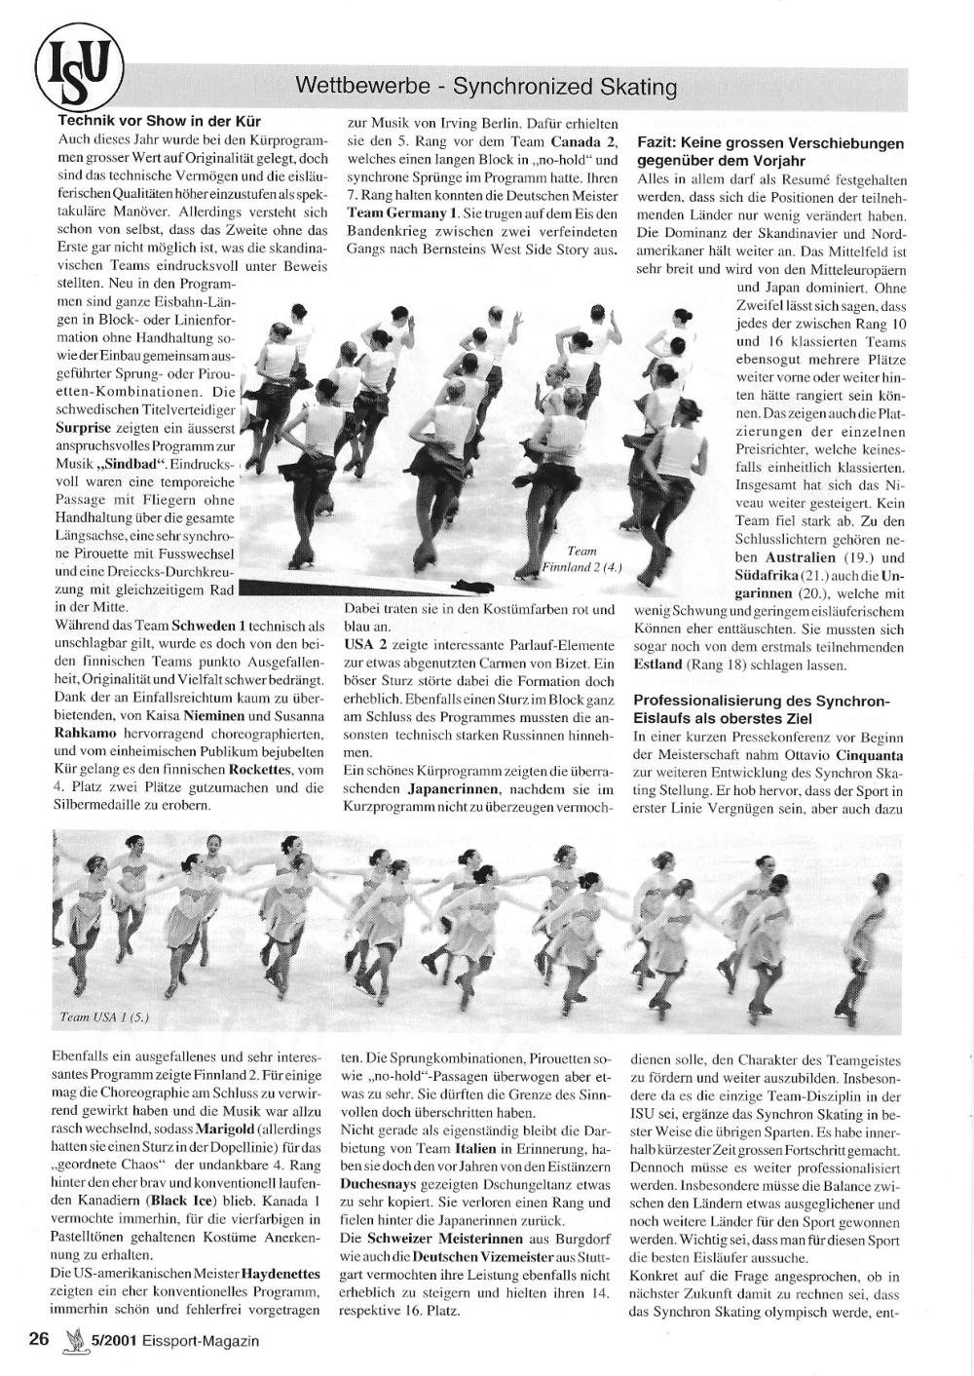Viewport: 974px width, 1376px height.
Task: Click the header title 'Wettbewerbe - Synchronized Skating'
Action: (x=486, y=87)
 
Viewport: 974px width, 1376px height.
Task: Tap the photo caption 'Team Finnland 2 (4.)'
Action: (x=581, y=558)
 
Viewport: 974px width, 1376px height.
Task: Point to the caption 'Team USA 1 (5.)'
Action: (x=104, y=1017)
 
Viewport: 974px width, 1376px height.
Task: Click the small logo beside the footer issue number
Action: (x=70, y=1340)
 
